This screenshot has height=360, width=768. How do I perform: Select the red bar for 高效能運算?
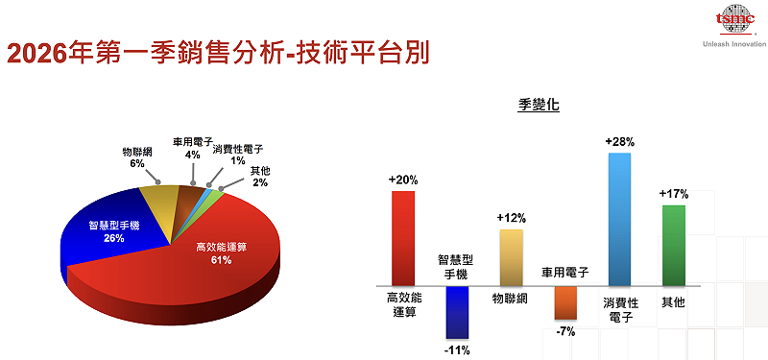tap(402, 237)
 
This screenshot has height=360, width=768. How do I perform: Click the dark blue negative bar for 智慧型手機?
tap(456, 311)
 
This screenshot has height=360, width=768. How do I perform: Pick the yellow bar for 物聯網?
tap(511, 257)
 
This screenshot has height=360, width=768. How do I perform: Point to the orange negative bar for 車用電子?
tap(565, 302)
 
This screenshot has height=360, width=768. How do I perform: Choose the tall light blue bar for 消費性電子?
tap(619, 219)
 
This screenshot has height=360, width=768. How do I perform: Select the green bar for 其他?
tap(674, 245)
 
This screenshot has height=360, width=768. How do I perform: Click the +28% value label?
tap(619, 142)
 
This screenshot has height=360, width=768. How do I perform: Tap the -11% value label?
tap(457, 349)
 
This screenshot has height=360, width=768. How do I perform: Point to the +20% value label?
tap(402, 180)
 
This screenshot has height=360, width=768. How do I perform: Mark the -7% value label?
tap(565, 331)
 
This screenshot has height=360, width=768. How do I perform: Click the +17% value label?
tap(674, 193)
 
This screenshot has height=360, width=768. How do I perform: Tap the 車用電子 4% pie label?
tap(192, 148)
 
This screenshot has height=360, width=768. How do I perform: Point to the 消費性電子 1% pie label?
tap(237, 155)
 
